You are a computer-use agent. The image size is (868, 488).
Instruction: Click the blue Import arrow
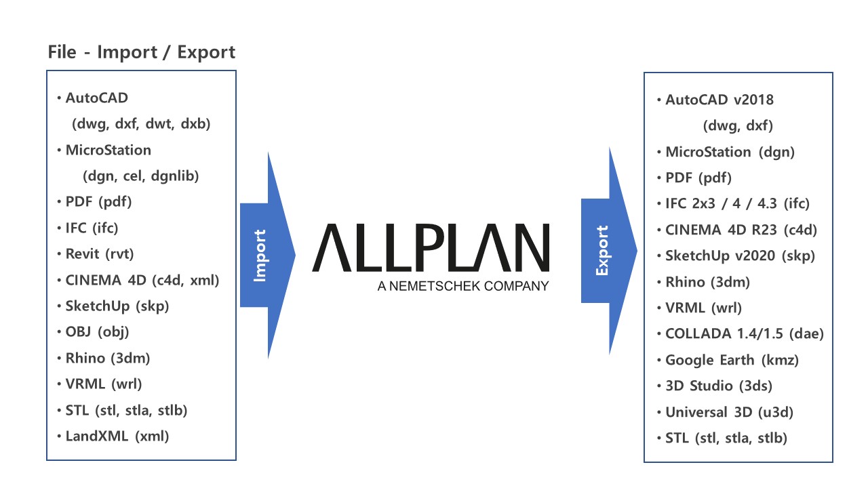point(267,256)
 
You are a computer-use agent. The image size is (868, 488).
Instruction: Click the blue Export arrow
point(609,251)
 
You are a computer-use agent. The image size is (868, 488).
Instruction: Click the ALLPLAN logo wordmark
point(431,247)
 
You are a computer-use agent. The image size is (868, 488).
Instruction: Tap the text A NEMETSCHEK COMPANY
point(463,286)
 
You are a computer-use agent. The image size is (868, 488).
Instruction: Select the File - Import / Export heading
point(142,52)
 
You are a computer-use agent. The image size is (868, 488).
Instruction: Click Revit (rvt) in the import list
point(100,254)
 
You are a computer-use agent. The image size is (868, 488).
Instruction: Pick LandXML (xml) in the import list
point(117,436)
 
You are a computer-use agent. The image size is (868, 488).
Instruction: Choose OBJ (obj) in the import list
point(97,332)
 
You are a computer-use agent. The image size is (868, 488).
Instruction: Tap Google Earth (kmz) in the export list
point(732,360)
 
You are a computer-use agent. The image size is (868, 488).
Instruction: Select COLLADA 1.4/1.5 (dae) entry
point(745,334)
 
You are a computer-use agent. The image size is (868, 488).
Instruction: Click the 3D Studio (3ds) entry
point(719,386)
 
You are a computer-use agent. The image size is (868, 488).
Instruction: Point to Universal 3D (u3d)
point(729,412)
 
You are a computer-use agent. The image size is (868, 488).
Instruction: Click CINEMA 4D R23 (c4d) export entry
point(741,230)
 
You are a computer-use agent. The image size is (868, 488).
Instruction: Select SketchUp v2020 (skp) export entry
point(740,256)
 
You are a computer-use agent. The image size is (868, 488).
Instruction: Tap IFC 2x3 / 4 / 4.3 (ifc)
point(737,204)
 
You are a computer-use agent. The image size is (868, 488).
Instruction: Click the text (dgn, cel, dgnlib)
point(140,176)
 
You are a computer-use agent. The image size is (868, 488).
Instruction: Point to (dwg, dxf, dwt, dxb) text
point(141,124)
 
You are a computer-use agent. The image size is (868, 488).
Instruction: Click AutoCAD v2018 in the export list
point(719,100)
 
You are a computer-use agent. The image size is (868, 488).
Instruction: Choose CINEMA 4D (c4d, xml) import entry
point(142,281)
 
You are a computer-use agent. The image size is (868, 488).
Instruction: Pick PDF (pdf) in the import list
point(98,202)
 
